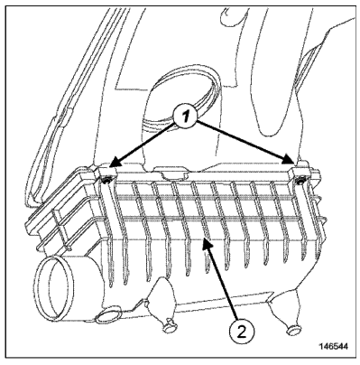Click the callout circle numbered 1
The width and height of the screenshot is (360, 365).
point(185,117)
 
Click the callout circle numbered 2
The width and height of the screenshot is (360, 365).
point(242,332)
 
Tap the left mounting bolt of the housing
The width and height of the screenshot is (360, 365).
point(106,181)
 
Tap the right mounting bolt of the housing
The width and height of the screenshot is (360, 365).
point(300,182)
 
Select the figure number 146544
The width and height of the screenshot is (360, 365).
point(333,347)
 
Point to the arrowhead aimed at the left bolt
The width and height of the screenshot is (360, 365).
point(115,162)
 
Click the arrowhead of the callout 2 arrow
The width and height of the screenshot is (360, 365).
point(208,244)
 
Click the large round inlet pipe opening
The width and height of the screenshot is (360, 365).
point(55,287)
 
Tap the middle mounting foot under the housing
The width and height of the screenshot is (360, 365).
point(169,326)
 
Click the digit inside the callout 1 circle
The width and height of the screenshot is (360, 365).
point(186,117)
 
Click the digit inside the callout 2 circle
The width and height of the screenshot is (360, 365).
point(242,332)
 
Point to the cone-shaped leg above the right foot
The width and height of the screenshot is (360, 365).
point(284,307)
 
